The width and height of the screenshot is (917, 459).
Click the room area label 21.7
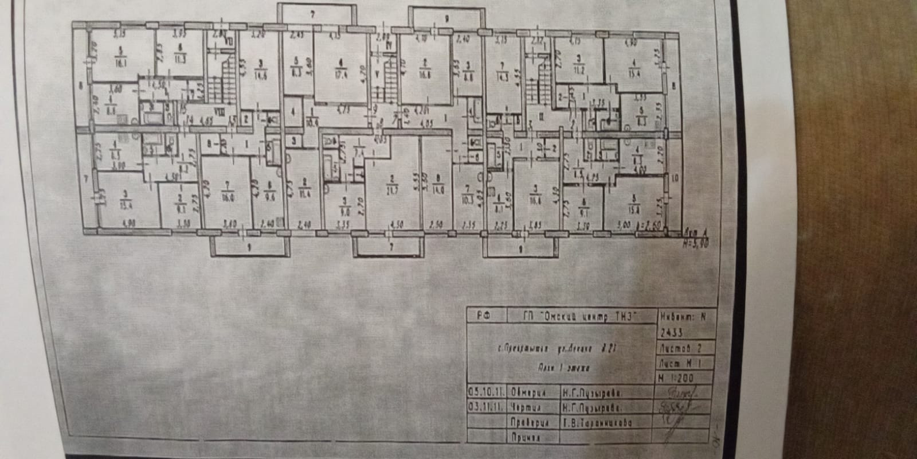coord(393,183)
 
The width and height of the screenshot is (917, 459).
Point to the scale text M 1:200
coord(676,378)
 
